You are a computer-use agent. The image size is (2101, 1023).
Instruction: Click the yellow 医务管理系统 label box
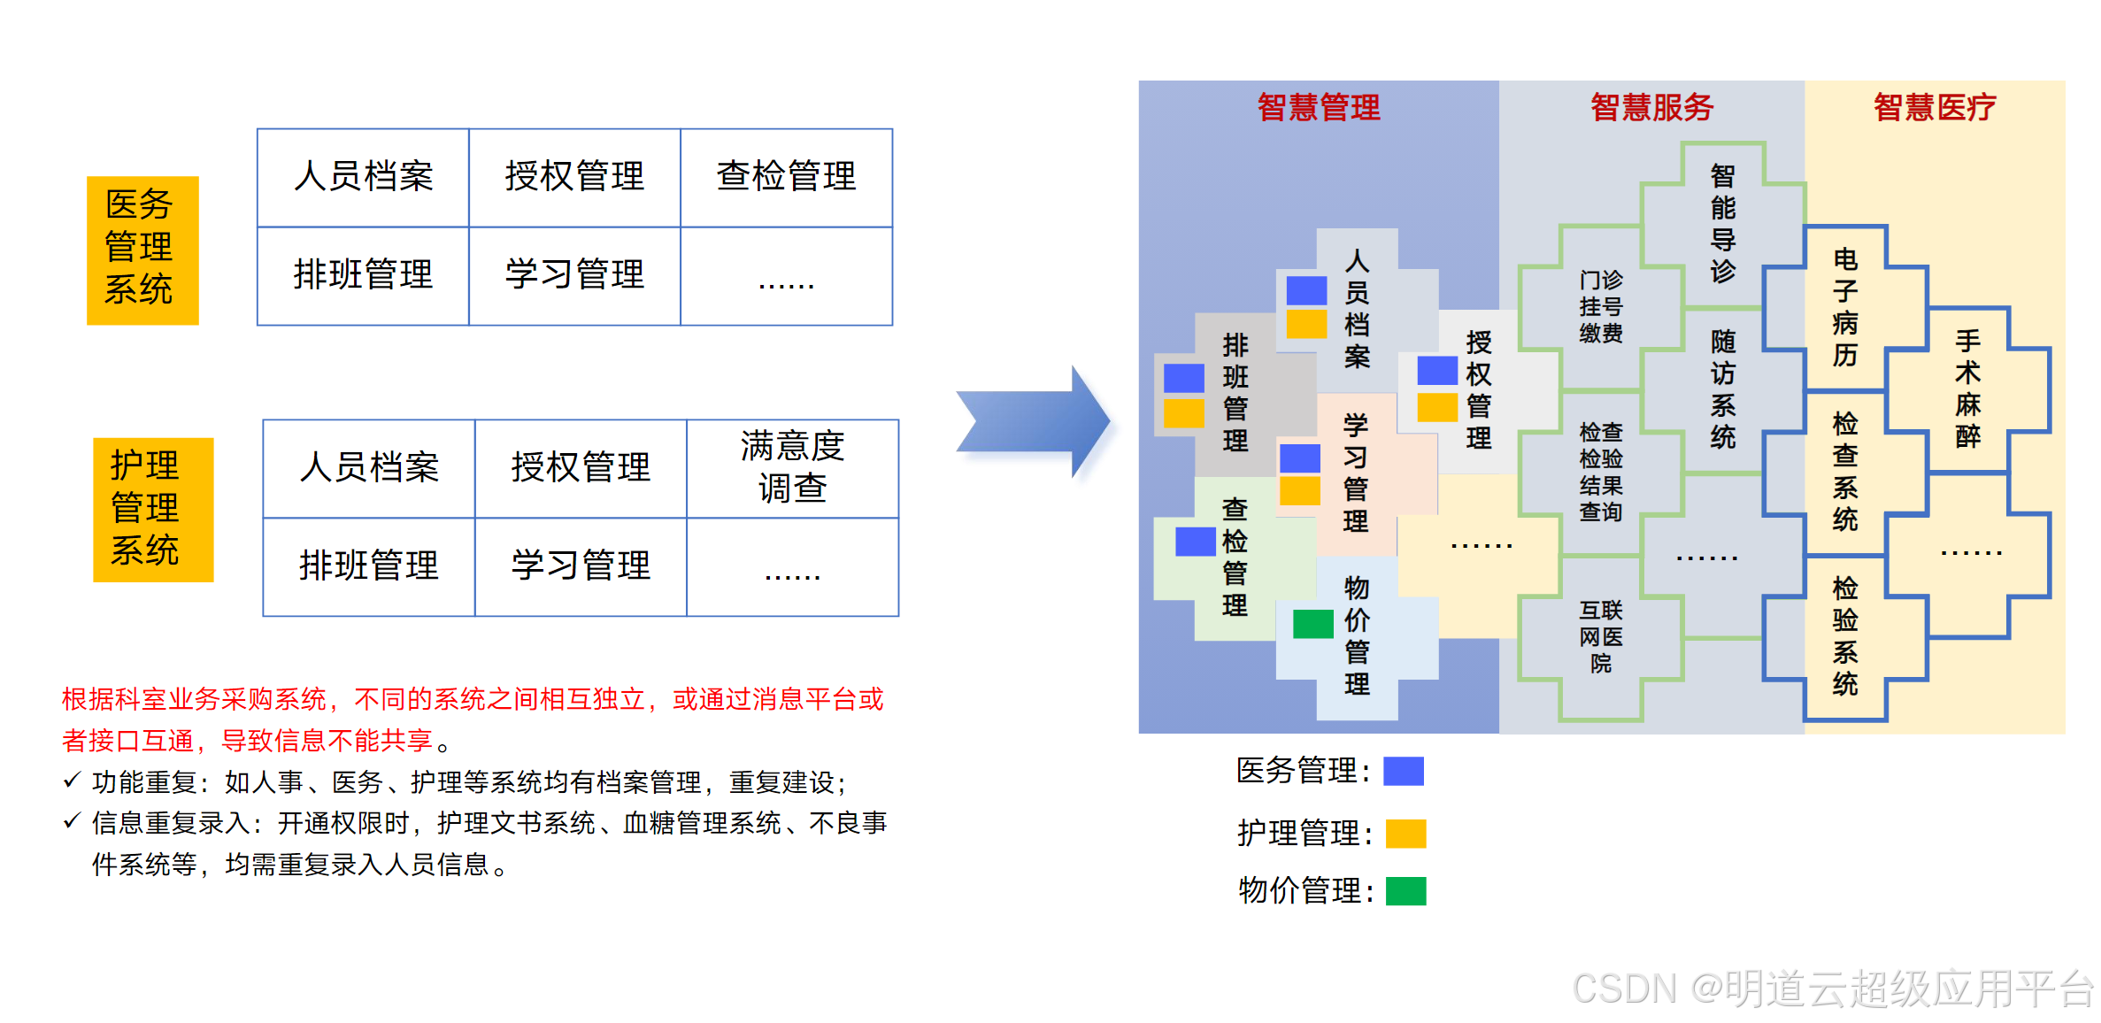[142, 250]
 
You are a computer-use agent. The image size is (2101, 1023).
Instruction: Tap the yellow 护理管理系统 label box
[153, 509]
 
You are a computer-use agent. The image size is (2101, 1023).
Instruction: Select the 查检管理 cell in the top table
[786, 177]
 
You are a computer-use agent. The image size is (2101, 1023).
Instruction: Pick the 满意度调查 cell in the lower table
[792, 467]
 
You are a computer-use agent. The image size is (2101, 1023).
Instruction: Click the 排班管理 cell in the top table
[363, 275]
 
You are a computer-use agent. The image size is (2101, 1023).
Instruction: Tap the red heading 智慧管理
[1318, 108]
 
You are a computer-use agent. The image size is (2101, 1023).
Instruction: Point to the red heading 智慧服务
[1651, 108]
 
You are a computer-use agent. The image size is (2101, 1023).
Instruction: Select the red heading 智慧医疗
[1934, 108]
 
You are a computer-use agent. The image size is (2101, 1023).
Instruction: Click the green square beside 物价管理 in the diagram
[1312, 623]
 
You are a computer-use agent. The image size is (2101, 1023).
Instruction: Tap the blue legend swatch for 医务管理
[1403, 771]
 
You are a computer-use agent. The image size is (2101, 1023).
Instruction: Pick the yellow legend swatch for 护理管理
[1405, 834]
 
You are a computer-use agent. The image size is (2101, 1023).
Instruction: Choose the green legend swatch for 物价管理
[1405, 890]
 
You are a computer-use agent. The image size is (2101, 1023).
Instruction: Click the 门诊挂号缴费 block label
[1600, 306]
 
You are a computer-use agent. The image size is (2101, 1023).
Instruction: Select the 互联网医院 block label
[1600, 636]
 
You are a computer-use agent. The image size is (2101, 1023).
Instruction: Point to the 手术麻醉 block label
[1967, 388]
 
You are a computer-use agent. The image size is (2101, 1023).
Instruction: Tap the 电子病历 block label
[1844, 307]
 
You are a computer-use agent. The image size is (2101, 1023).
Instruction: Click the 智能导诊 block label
[1722, 224]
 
